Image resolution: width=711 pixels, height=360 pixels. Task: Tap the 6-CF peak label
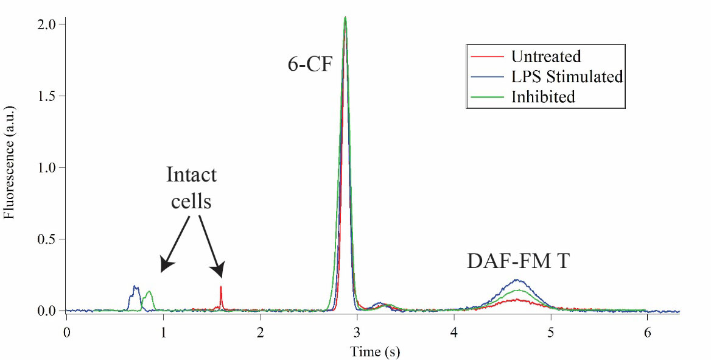(x=310, y=63)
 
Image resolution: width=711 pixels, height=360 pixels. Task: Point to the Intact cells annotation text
(x=191, y=188)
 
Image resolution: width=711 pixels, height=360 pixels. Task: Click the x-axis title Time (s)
(x=374, y=351)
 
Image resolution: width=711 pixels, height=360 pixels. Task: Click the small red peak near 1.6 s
(x=221, y=288)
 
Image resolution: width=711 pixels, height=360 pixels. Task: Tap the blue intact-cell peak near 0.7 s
(x=136, y=287)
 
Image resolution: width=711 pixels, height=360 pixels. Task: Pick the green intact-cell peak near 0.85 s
(x=149, y=292)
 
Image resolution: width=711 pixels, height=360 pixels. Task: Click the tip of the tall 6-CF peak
(x=345, y=18)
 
